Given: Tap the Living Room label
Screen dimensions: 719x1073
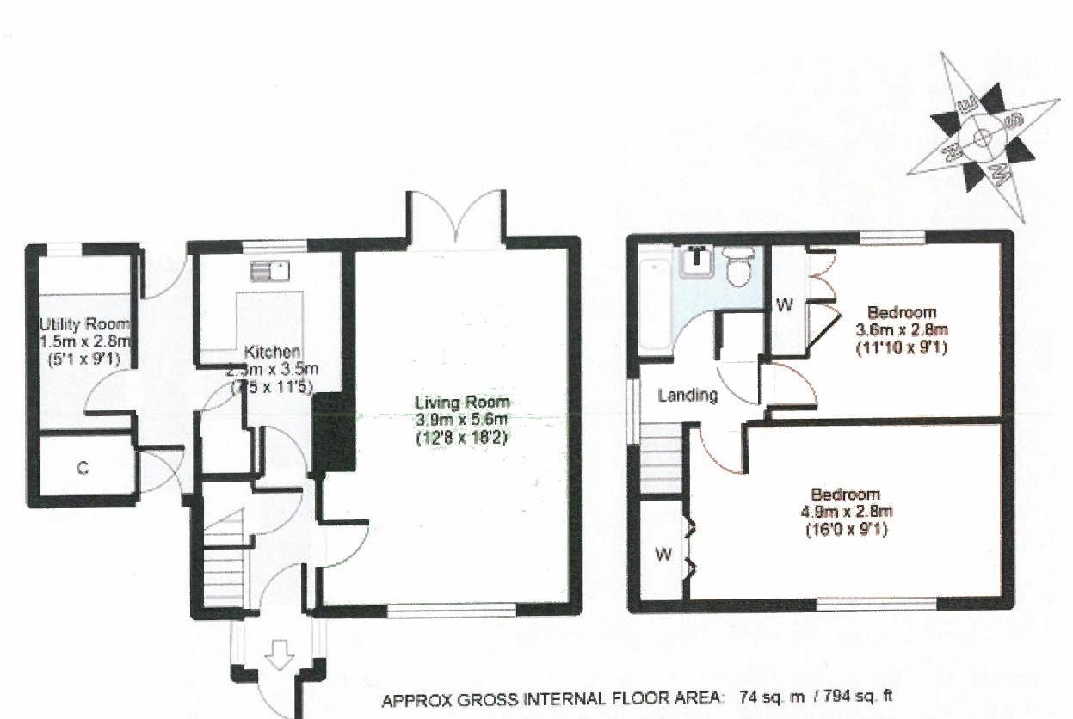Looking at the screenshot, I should point(462,402).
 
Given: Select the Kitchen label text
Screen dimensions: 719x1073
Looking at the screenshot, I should point(273,352).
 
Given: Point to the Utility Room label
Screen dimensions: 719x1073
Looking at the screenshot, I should point(84,324).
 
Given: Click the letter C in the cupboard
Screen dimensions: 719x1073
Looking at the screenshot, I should point(83,469).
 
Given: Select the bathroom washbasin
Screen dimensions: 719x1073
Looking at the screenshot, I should point(697,261).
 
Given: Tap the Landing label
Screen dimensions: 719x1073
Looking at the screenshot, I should point(688,396).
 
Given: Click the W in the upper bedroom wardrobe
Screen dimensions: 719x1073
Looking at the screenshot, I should point(784,304).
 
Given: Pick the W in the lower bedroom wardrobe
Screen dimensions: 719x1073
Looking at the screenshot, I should point(662,555).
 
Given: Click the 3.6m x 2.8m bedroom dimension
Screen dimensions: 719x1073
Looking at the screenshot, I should point(902,330).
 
